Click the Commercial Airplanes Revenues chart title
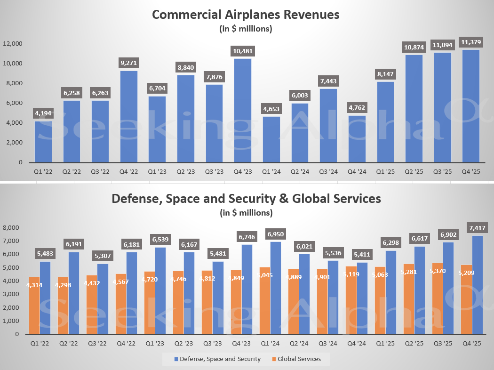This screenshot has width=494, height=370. pos(246,15)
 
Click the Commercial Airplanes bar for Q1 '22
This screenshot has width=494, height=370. pos(43,142)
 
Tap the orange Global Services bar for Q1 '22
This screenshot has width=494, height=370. pos(34,306)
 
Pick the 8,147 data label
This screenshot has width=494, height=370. pos(384,74)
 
